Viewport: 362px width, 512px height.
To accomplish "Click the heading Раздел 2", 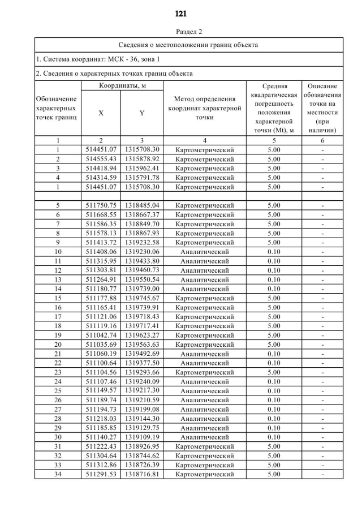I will pos(181,32).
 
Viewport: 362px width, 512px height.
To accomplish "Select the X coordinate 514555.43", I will pos(101,159).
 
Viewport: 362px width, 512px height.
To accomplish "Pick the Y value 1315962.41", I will pos(142,168).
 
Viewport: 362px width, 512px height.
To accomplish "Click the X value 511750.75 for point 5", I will pos(101,205).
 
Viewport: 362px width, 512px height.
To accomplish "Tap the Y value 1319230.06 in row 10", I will pos(142,252).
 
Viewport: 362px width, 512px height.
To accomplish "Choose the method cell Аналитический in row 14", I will pos(204,289).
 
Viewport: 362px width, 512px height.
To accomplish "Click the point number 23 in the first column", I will pos(58,372).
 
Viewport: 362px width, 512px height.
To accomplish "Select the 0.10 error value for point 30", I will pos(274,437).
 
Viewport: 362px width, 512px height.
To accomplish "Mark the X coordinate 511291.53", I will pos(101,474).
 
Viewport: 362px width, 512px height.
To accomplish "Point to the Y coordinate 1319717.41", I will pos(142,326).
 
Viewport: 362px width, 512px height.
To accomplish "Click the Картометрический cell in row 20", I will pos(204,345).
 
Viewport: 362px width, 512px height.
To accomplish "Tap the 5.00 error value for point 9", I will pos(274,242).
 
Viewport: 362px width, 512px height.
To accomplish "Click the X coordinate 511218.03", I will pos(101,419).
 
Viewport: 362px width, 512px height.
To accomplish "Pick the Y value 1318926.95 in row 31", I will pos(142,446).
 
